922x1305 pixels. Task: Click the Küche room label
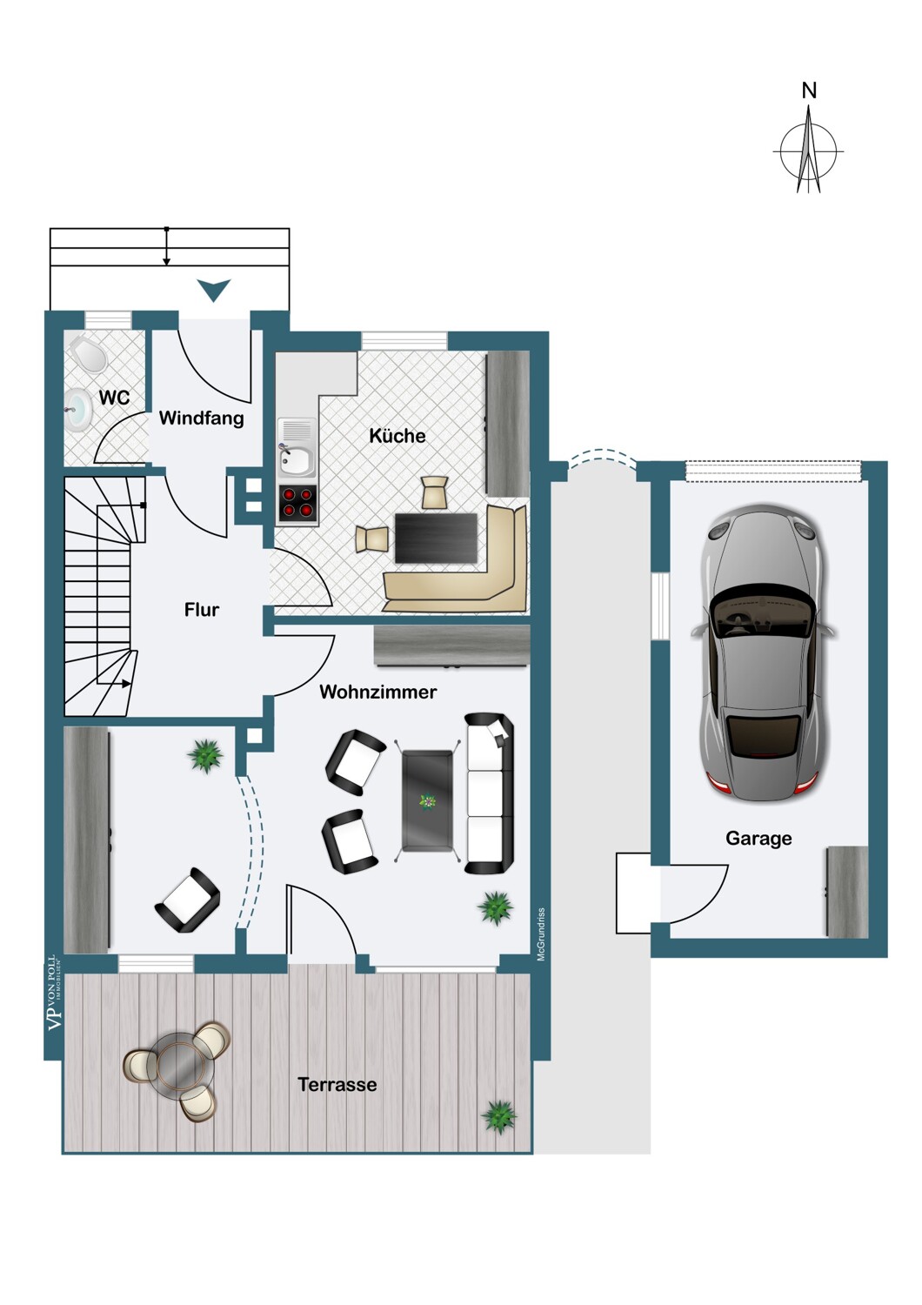(x=398, y=435)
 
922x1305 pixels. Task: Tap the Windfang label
(x=202, y=418)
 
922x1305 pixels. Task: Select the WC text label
(x=114, y=398)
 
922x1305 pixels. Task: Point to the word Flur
(x=202, y=609)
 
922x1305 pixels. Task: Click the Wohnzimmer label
(x=378, y=692)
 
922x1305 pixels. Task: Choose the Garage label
(x=758, y=839)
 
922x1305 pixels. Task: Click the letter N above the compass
(x=809, y=90)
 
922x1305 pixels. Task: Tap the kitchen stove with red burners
(x=297, y=503)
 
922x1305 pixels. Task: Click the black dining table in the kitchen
(x=437, y=538)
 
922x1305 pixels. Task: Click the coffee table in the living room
(x=427, y=801)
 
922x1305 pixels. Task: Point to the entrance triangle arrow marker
(x=214, y=290)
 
